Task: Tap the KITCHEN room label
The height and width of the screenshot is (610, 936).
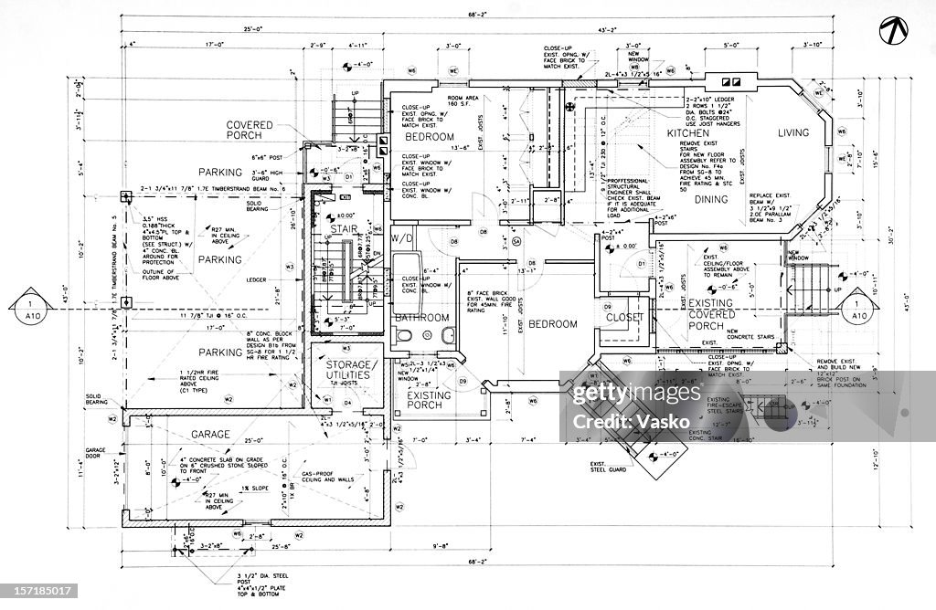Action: coord(688,133)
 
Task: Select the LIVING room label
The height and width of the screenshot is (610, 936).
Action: coord(793,133)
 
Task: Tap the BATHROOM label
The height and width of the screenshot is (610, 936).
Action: coord(422,318)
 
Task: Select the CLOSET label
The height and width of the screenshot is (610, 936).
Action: coord(624,318)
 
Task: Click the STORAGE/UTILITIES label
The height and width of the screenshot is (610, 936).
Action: coord(346,369)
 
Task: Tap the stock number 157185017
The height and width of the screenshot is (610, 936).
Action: coord(36,594)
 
